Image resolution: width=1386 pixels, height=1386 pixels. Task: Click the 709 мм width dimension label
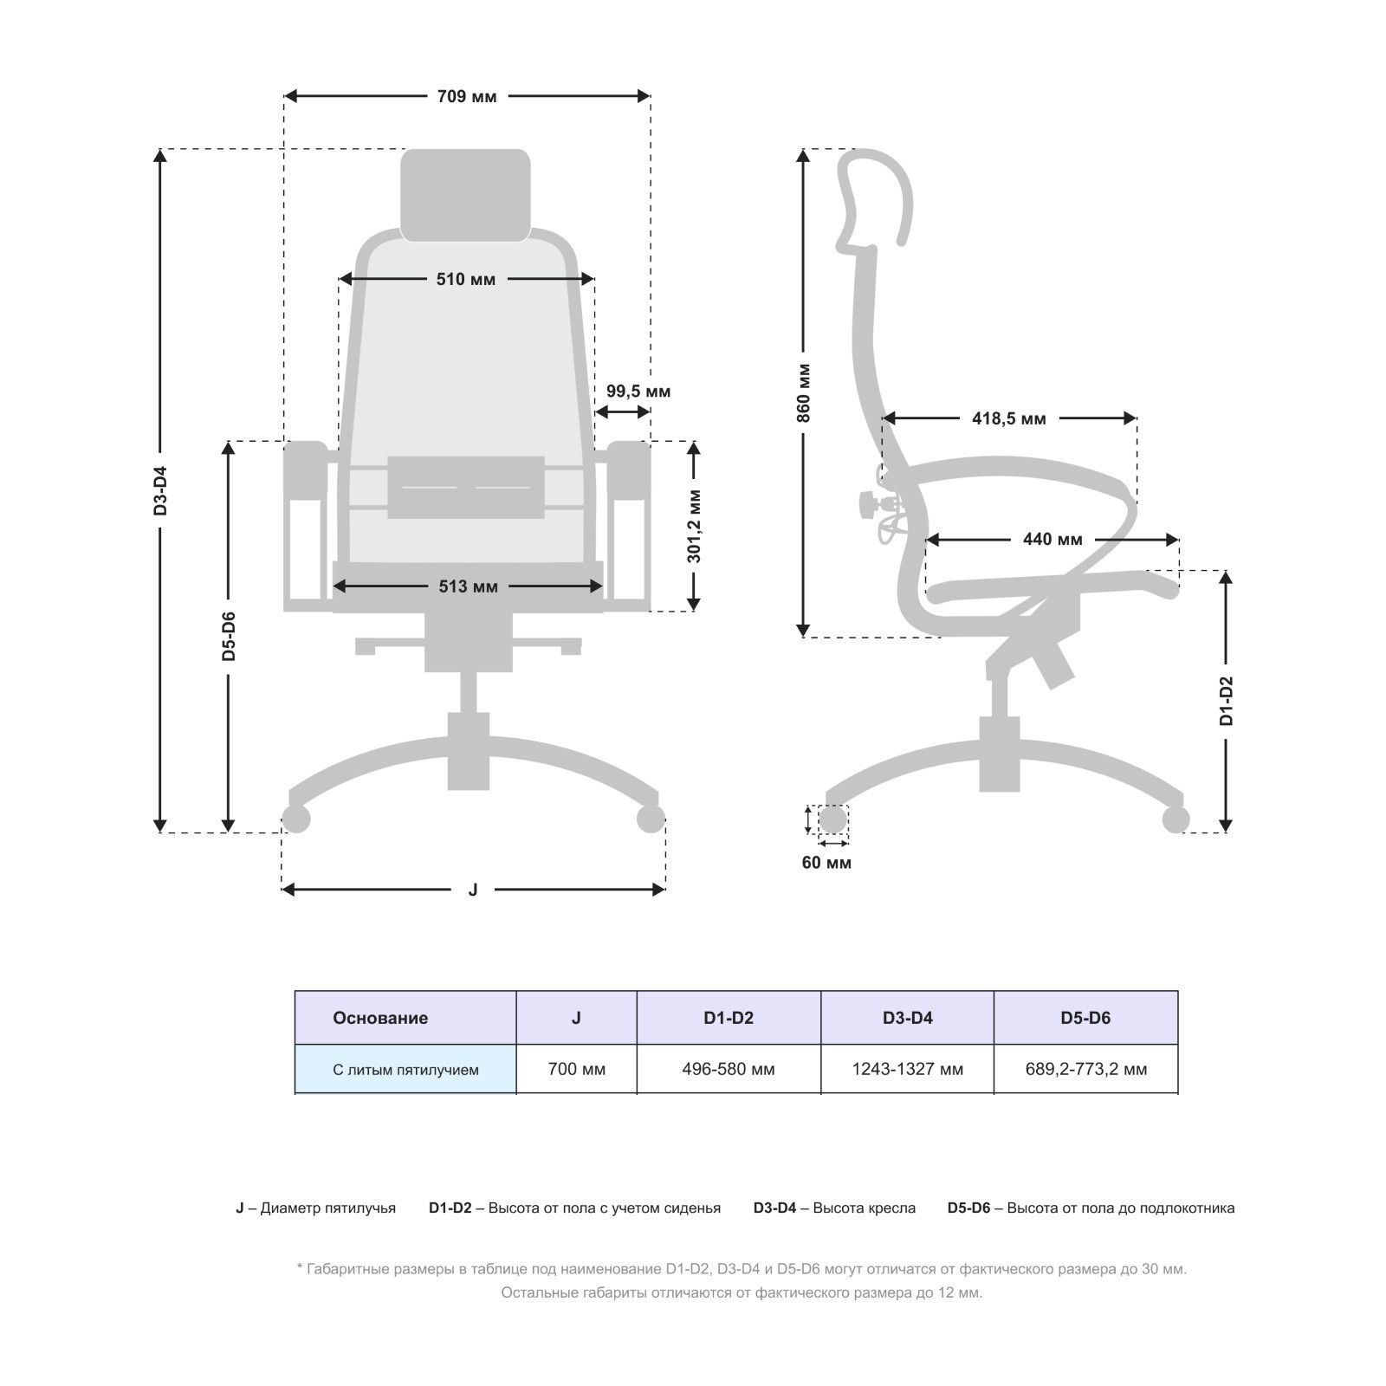tap(467, 96)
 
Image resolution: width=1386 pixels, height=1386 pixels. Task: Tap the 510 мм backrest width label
tap(466, 279)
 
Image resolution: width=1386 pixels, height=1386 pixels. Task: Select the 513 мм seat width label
tap(468, 586)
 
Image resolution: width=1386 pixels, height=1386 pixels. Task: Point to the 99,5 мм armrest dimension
tap(638, 392)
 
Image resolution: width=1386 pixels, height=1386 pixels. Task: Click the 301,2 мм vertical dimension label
tap(695, 526)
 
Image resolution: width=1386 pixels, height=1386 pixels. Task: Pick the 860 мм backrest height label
tap(804, 393)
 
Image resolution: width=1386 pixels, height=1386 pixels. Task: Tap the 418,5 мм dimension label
tap(1009, 419)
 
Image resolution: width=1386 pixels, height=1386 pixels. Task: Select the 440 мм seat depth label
tap(1052, 540)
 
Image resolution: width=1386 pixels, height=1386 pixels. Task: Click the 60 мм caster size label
tap(826, 863)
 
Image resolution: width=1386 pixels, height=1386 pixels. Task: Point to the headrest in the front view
tap(465, 195)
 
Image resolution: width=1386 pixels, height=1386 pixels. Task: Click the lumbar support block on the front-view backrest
tap(466, 488)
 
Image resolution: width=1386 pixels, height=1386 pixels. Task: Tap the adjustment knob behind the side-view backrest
tap(869, 504)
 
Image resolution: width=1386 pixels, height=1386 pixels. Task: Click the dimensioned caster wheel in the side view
tap(832, 819)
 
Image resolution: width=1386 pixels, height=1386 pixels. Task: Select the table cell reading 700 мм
tap(577, 1070)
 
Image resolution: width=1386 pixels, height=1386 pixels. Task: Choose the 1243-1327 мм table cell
tap(907, 1070)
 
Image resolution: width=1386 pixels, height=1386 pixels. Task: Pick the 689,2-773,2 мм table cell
tap(1086, 1070)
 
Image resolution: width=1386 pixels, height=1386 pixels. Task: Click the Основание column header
tap(380, 1018)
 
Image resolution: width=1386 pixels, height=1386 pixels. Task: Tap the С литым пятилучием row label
tap(405, 1070)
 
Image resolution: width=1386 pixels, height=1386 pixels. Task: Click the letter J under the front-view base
tap(473, 890)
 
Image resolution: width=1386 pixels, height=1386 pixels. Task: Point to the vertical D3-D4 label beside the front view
tap(160, 491)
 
